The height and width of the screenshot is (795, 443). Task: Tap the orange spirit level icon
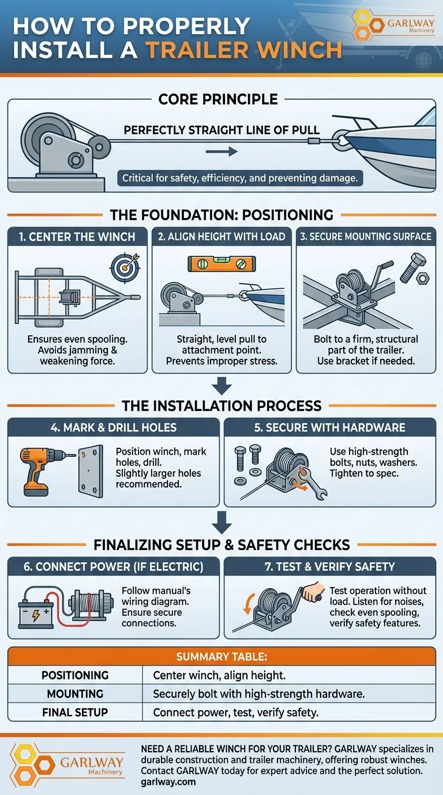coord(221,263)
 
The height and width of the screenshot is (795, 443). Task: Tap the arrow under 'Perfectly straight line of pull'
coord(221,151)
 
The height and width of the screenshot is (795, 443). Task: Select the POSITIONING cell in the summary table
coord(75,675)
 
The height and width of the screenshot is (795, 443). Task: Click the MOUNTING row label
coord(75,693)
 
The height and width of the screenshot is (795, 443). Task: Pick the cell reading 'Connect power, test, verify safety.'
coord(236,712)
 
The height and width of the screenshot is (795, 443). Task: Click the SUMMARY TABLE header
coord(221,656)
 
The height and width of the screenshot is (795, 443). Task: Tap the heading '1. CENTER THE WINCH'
coord(77,237)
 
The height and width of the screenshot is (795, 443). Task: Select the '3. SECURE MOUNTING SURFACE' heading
coord(366,237)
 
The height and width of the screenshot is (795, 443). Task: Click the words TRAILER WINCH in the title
coord(245,50)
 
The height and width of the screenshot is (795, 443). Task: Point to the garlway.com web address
coord(168,782)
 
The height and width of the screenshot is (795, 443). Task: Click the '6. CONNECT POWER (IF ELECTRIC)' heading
coord(114,566)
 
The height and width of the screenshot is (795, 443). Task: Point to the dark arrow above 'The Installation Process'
coord(222,386)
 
